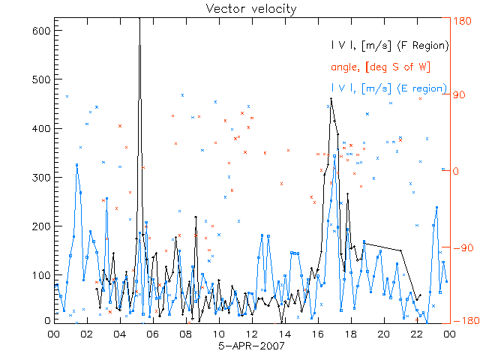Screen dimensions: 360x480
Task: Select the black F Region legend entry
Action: (389, 46)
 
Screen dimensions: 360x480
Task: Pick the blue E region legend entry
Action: (389, 88)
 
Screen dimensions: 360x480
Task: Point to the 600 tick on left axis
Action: (42, 31)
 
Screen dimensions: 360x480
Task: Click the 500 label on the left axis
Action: (42, 79)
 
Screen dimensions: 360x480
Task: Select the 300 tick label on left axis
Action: (42, 177)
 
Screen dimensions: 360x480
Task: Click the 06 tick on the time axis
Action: (152, 334)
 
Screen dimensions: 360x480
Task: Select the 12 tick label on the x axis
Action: (251, 334)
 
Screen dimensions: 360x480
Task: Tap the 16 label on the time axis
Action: (317, 334)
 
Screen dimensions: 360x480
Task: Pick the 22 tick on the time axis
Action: (416, 334)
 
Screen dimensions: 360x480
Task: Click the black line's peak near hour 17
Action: (331, 98)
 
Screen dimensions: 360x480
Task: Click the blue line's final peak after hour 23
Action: (436, 207)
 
